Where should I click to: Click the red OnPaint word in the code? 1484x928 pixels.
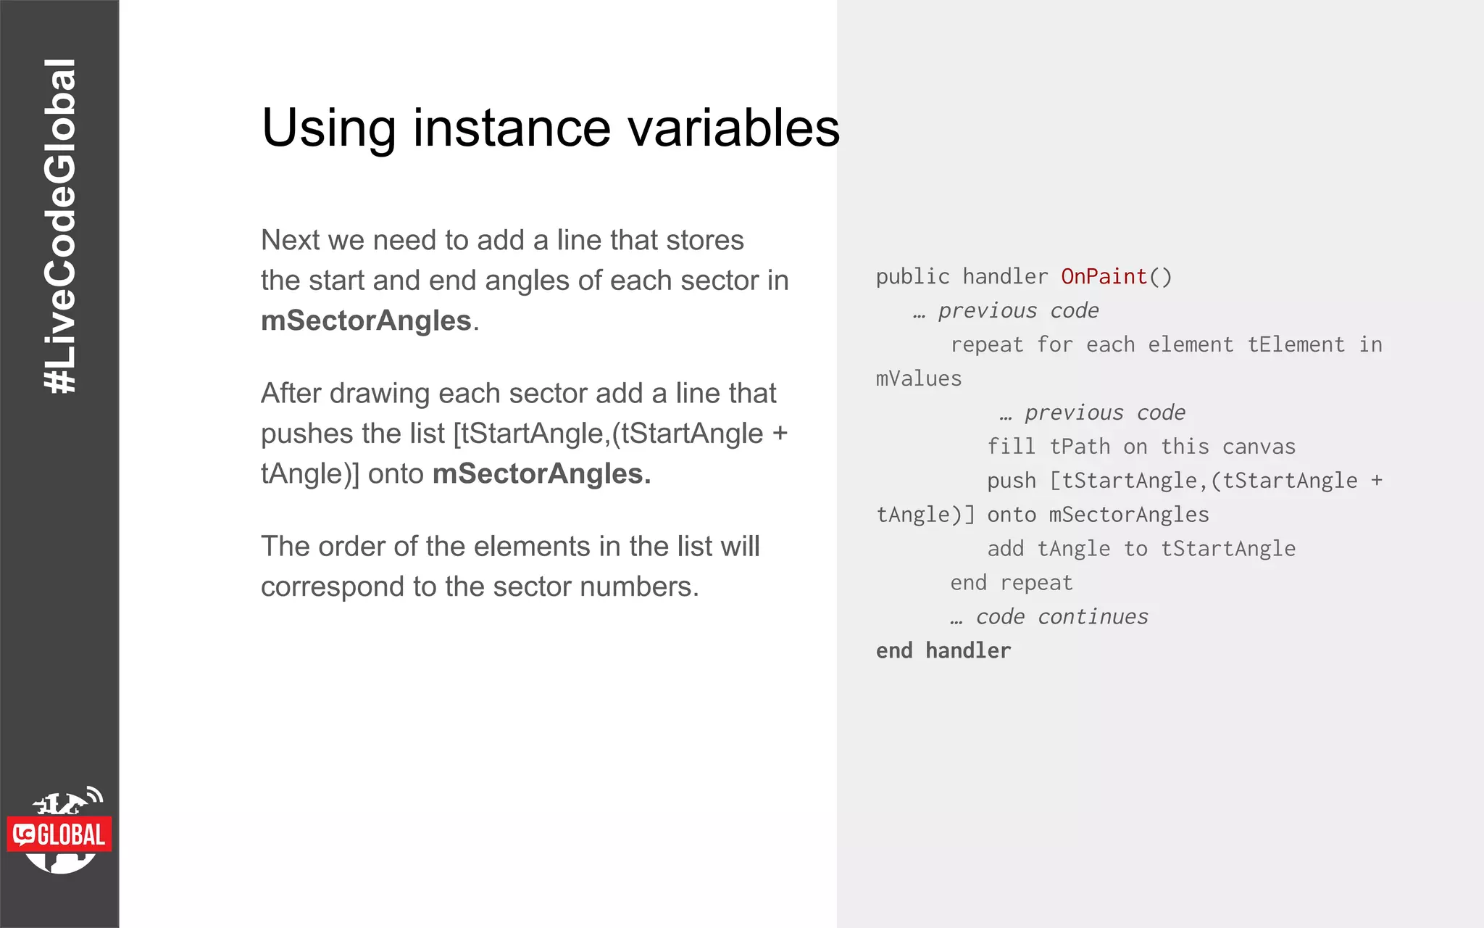tap(1104, 276)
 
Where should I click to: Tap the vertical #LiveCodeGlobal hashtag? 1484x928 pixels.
tap(59, 226)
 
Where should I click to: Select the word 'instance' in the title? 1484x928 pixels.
tap(512, 128)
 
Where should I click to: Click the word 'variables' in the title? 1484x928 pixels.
tap(733, 128)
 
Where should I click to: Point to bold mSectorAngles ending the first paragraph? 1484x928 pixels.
tap(366, 320)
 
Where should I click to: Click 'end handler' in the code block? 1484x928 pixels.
tap(943, 650)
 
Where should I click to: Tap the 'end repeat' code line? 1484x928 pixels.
tap(1011, 582)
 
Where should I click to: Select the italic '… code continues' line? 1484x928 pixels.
tap(1049, 616)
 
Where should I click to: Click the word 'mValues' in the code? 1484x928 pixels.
tap(918, 378)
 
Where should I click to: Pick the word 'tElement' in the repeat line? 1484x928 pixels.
tap(1296, 344)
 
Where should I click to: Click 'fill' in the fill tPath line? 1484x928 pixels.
tap(1011, 447)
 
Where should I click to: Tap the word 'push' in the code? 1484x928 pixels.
tap(1011, 481)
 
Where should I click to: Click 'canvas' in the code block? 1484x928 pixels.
tap(1259, 447)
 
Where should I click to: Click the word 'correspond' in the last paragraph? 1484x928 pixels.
tap(333, 587)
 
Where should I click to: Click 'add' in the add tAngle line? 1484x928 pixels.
tap(1005, 549)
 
